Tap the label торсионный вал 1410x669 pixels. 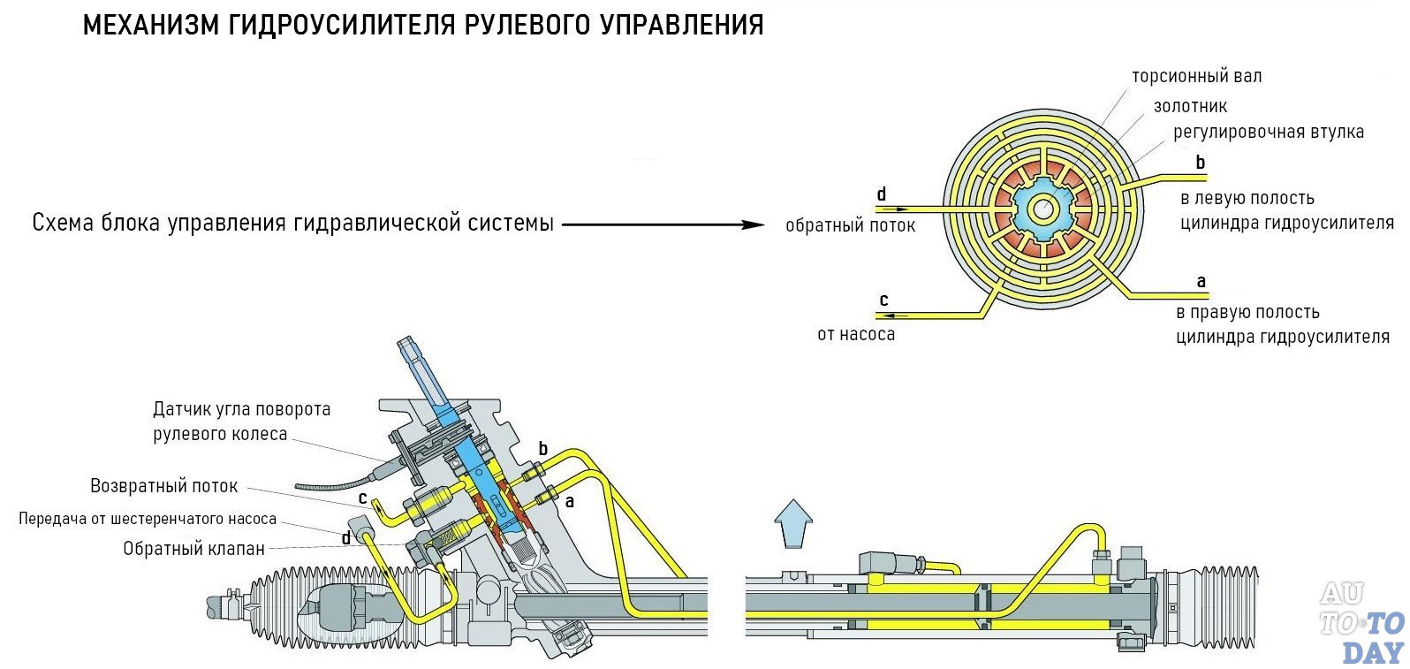(1196, 77)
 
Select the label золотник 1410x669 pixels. (1190, 107)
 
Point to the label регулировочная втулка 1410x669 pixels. (1268, 133)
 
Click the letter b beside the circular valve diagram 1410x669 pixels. (1200, 163)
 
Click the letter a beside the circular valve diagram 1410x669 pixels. (1201, 282)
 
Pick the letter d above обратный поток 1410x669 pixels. (881, 194)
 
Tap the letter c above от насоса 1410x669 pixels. (883, 300)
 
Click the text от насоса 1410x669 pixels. (855, 335)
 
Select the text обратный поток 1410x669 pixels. (850, 226)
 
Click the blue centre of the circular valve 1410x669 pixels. (1043, 209)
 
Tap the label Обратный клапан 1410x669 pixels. (193, 549)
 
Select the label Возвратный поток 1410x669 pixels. (164, 486)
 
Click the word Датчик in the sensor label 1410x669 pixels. (183, 409)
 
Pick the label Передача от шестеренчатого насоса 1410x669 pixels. (148, 520)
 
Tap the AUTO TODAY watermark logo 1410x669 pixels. (1361, 622)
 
